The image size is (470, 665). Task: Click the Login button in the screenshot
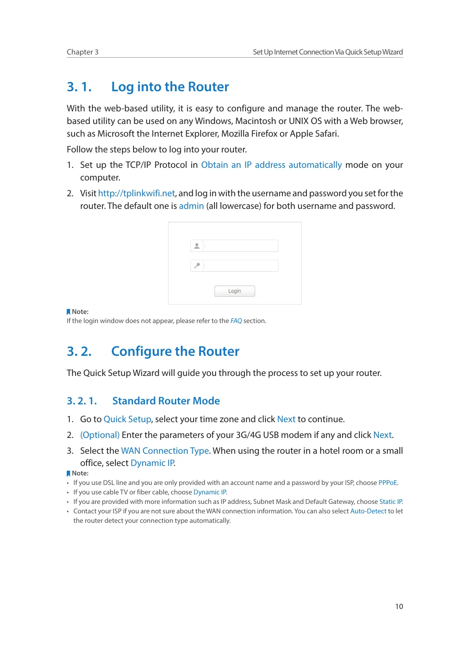click(x=234, y=291)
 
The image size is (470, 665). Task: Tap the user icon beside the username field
click(x=197, y=246)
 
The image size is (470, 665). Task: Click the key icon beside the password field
click(x=197, y=265)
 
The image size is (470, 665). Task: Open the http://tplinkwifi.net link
click(x=136, y=193)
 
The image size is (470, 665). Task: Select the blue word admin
click(x=191, y=206)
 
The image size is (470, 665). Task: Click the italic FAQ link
click(x=236, y=321)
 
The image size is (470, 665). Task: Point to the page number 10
click(x=399, y=606)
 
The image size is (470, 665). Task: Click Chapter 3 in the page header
click(x=83, y=52)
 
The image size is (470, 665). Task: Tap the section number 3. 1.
click(x=79, y=86)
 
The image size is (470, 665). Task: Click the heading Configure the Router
click(x=175, y=351)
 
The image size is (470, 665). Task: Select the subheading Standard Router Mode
click(x=166, y=401)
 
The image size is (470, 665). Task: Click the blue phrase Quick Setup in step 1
click(x=127, y=419)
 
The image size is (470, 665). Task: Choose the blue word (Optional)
click(x=100, y=435)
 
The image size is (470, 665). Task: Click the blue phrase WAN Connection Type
click(x=165, y=451)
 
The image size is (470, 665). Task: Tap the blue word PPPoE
click(x=387, y=483)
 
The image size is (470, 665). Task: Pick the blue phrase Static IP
click(x=391, y=502)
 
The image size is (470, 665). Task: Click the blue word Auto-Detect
click(x=368, y=511)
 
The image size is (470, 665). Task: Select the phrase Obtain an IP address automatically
click(x=271, y=165)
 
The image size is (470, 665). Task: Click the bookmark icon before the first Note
click(x=68, y=312)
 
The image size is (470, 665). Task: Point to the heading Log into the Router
click(x=170, y=86)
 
